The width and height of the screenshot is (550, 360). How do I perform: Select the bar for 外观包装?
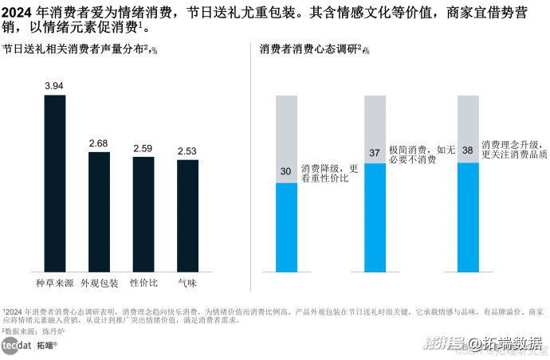click(99, 210)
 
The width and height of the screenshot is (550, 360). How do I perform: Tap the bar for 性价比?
click(143, 213)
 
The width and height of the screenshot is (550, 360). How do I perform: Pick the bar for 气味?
click(187, 214)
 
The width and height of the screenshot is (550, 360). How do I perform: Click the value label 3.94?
click(54, 86)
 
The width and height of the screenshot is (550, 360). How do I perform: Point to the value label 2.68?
click(99, 143)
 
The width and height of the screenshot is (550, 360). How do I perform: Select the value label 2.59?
click(143, 148)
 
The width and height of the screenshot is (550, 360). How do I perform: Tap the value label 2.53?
click(187, 151)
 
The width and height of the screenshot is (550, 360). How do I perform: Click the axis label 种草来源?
click(55, 283)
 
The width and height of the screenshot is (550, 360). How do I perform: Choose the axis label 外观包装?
click(99, 283)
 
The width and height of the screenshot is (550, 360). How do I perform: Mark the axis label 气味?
click(187, 283)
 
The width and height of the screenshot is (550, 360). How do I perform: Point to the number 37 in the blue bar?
click(375, 153)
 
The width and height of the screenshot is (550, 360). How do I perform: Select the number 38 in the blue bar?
click(468, 150)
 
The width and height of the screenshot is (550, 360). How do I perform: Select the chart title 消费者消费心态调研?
click(313, 49)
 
